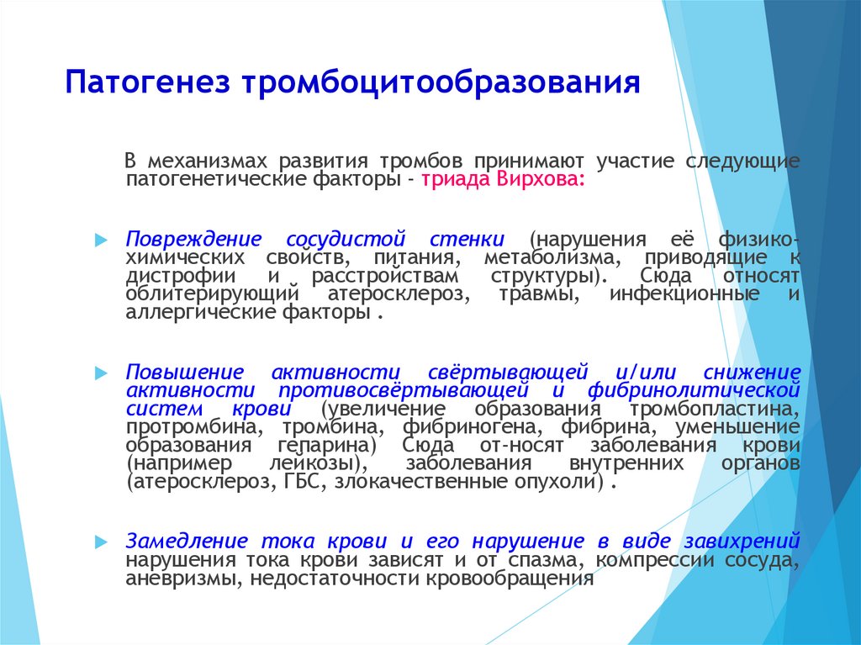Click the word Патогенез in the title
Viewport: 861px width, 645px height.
click(147, 83)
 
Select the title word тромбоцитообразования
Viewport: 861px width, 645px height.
click(441, 83)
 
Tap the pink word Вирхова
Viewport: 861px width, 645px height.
click(541, 179)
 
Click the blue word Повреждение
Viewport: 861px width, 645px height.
click(194, 240)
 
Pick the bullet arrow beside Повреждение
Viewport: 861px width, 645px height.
click(101, 240)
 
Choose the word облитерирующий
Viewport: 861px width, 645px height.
click(213, 294)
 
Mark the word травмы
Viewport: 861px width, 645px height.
click(539, 294)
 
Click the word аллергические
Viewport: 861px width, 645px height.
click(200, 313)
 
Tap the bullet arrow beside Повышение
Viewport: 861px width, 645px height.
click(101, 373)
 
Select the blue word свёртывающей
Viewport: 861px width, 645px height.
click(508, 373)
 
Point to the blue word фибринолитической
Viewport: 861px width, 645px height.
click(694, 391)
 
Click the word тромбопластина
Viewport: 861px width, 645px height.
click(715, 410)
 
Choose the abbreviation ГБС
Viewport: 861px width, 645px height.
click(304, 482)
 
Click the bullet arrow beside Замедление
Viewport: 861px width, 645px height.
click(101, 542)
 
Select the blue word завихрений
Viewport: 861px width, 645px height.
click(742, 542)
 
